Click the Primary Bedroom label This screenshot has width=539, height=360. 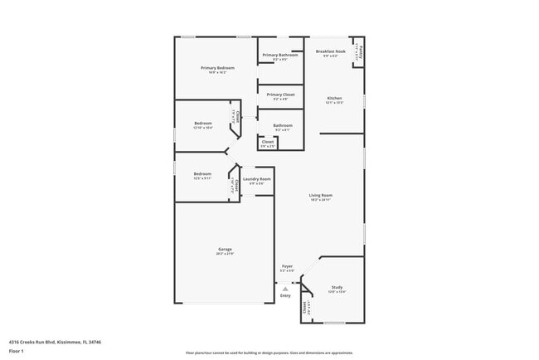tap(217, 67)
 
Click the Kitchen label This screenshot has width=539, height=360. tap(333, 99)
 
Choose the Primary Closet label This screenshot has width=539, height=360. tap(278, 95)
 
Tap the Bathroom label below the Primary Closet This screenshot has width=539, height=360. tap(283, 125)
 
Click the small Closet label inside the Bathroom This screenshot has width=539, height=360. tap(268, 142)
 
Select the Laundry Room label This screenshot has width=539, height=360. tap(257, 179)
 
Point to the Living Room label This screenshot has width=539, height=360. tap(321, 196)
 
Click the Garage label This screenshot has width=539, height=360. tap(225, 249)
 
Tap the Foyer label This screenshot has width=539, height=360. tap(287, 266)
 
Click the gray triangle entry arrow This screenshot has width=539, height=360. tap(285, 288)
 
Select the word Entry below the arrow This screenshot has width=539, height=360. tap(285, 295)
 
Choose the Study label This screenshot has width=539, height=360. tap(337, 287)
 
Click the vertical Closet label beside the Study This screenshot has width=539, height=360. tap(305, 308)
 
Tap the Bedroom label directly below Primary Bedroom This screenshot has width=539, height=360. tap(203, 124)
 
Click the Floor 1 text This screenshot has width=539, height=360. tap(16, 351)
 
